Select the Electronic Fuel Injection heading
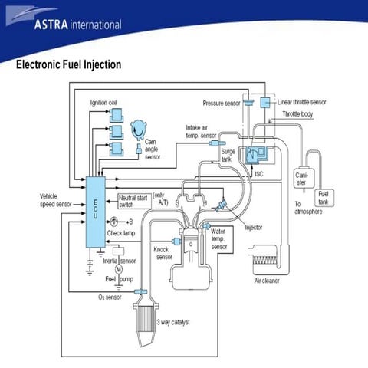pyautogui.click(x=69, y=65)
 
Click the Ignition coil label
pyautogui.click(x=104, y=102)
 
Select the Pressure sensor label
pyautogui.click(x=222, y=102)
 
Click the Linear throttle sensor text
pyautogui.click(x=301, y=101)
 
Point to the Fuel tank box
pyautogui.click(x=324, y=196)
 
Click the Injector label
pyautogui.click(x=253, y=227)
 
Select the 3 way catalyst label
pyautogui.click(x=172, y=322)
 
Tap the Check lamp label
pyautogui.click(x=123, y=232)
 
